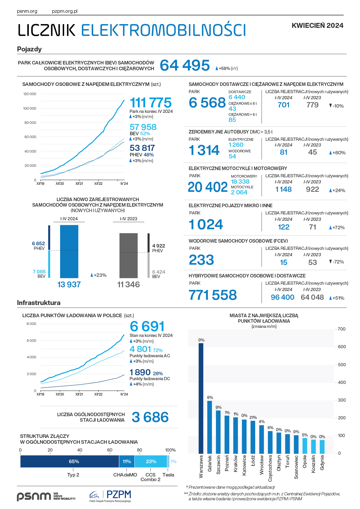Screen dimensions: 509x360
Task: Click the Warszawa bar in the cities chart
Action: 201,398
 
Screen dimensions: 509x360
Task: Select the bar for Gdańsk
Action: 210,427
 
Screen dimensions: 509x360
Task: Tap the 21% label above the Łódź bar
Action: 253,417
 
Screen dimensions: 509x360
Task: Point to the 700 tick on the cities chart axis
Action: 342,329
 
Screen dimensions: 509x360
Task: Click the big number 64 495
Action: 185,65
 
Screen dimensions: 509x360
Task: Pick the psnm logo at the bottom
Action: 34,496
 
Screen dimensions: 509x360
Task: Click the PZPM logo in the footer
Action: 111,496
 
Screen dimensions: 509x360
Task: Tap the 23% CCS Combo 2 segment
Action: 151,461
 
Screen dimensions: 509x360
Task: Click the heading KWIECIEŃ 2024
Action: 317,26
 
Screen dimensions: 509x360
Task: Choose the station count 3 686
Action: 150,417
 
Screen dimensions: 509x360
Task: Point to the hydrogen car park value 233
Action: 201,260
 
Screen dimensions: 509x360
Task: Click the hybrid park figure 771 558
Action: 213,295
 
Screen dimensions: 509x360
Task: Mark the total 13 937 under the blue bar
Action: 69,284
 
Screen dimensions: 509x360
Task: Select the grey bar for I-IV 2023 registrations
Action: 129,255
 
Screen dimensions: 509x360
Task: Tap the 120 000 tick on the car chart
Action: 30,94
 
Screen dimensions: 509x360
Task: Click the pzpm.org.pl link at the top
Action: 65,11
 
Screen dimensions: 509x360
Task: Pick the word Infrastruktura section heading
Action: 39,303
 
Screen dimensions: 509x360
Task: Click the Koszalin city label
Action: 314,464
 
